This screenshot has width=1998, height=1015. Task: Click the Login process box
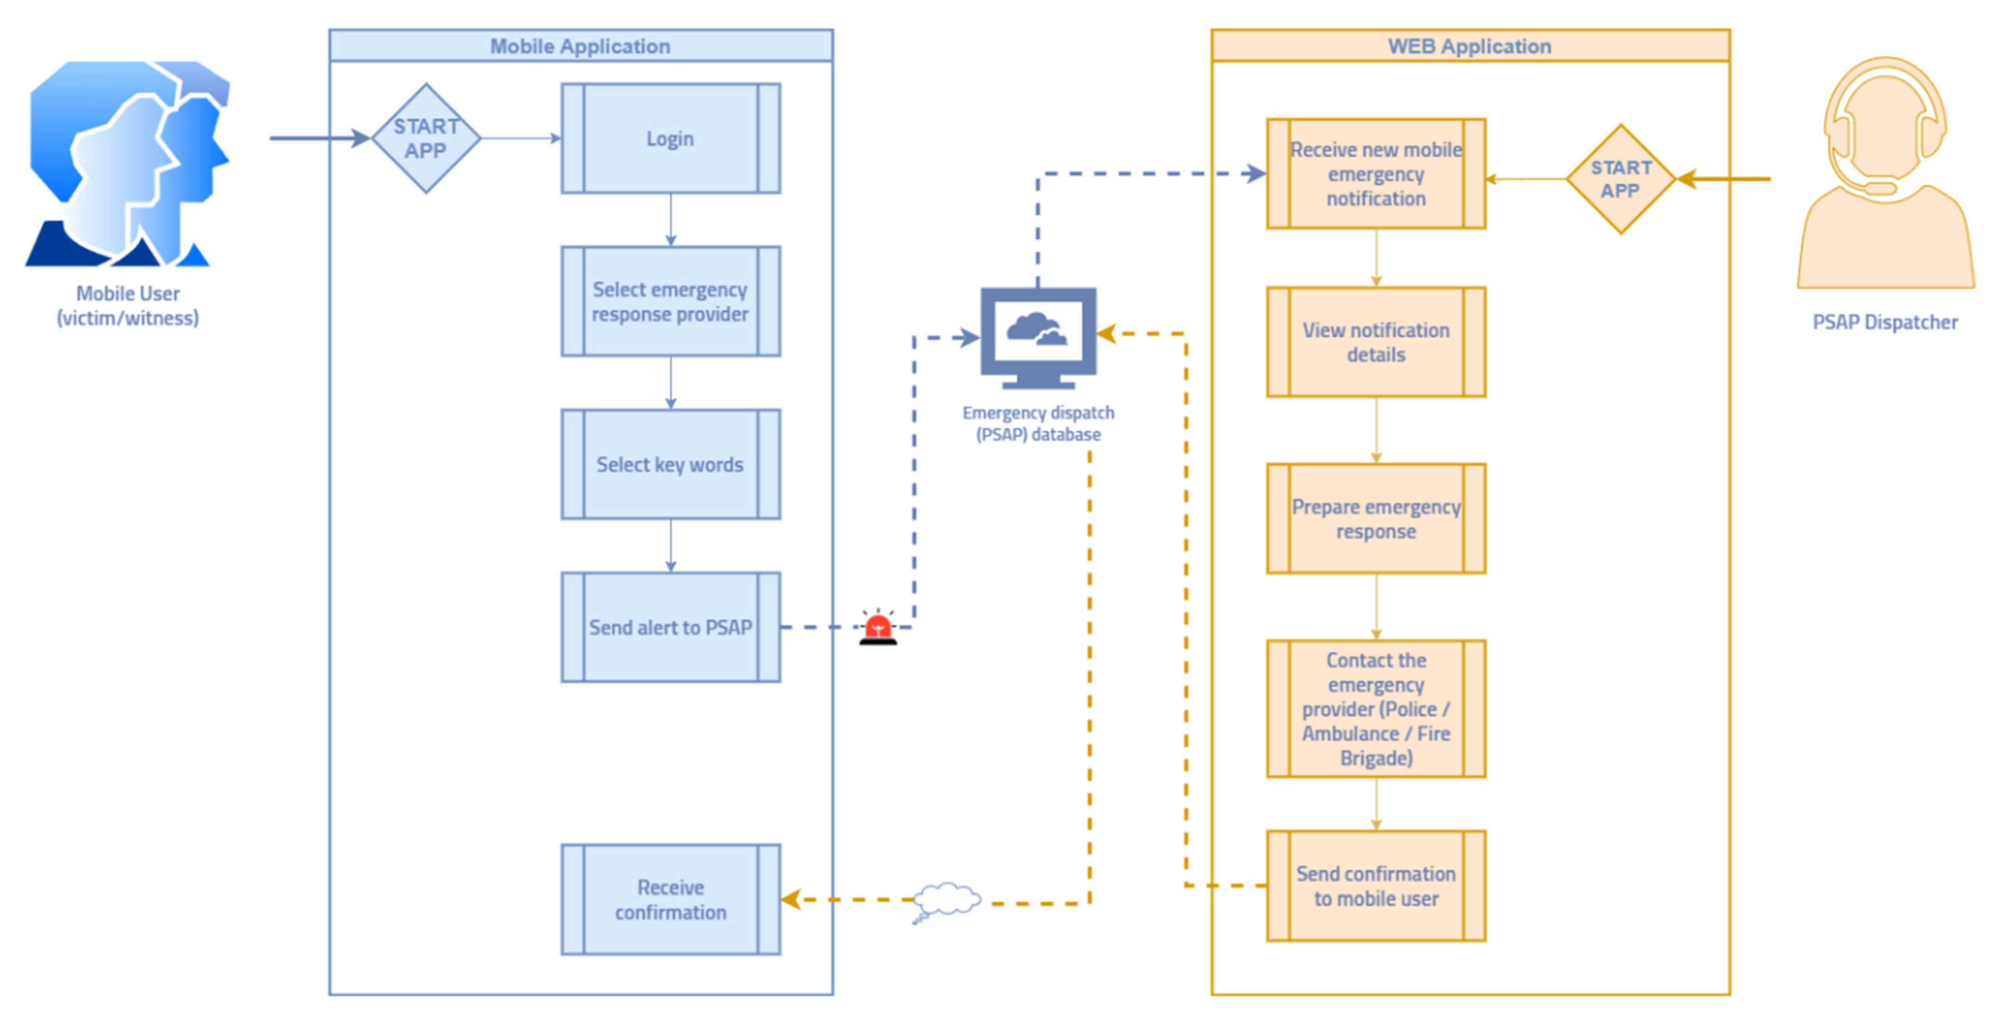[670, 139]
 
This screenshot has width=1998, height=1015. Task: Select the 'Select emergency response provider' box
[670, 301]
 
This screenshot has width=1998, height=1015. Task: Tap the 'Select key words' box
[670, 464]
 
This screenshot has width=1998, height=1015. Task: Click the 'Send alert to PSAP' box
[670, 627]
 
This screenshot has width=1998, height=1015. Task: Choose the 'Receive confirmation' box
[670, 900]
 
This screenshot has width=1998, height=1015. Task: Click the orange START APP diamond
[1620, 179]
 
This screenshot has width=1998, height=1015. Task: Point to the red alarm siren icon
[878, 628]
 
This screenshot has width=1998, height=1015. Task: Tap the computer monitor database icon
[1038, 337]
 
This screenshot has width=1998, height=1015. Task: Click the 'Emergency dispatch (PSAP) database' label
[1038, 423]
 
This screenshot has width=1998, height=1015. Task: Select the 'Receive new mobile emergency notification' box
[1376, 174]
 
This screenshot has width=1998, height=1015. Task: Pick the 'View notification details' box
[1376, 342]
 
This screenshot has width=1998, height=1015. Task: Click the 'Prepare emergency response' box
[1376, 519]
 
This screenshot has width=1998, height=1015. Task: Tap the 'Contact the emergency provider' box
[1376, 709]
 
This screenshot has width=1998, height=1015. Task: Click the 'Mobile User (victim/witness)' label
[128, 306]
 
